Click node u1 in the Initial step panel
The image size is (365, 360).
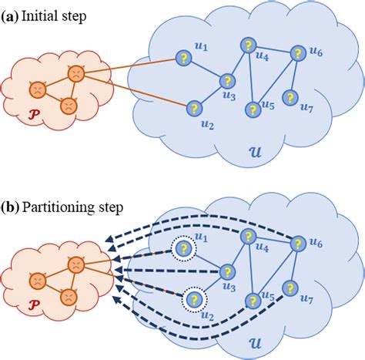click(x=184, y=58)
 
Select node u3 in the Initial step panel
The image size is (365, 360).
click(x=227, y=80)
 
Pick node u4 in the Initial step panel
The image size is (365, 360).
click(x=247, y=45)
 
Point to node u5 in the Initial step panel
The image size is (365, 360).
click(x=251, y=110)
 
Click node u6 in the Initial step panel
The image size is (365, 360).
click(x=297, y=54)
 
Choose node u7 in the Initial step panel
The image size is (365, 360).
click(x=290, y=98)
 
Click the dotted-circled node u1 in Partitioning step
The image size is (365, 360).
click(x=184, y=249)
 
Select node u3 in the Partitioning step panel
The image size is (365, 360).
click(x=227, y=271)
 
